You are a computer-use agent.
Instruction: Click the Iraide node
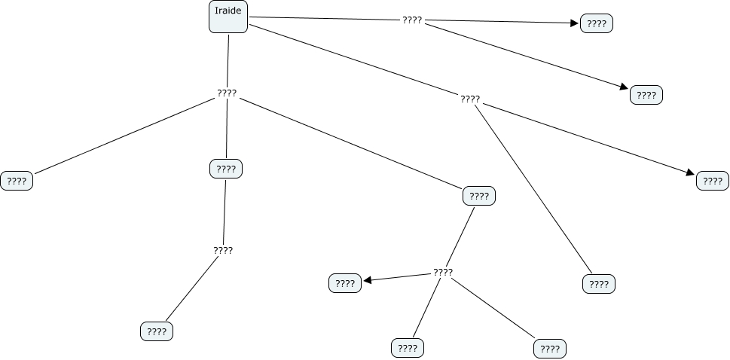(x=228, y=17)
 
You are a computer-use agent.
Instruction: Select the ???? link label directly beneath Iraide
(x=227, y=93)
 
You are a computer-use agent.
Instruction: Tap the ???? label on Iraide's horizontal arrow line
(x=412, y=20)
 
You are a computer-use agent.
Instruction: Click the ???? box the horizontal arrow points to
(x=597, y=24)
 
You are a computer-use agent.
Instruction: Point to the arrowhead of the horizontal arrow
(x=575, y=23)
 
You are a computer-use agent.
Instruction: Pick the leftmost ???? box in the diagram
(x=17, y=181)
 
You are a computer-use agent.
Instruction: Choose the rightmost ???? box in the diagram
(x=713, y=181)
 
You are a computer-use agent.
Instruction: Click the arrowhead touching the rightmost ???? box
(x=690, y=174)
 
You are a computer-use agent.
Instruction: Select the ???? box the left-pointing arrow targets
(x=345, y=283)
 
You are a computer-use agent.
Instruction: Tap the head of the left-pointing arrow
(x=368, y=282)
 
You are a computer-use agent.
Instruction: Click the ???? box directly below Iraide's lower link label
(x=226, y=169)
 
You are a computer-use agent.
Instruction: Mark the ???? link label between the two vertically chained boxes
(x=223, y=250)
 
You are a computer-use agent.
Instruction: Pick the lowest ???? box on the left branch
(x=157, y=331)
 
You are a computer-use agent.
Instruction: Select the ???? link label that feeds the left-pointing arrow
(x=443, y=272)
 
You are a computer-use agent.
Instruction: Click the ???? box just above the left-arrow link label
(x=479, y=197)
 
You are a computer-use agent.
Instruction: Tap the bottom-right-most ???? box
(x=550, y=349)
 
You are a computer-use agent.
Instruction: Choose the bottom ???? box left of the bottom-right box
(x=408, y=348)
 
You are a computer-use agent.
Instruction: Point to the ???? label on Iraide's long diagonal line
(x=469, y=99)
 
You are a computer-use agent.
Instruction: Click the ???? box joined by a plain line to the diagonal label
(x=599, y=284)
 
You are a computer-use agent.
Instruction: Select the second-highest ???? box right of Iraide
(x=646, y=96)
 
